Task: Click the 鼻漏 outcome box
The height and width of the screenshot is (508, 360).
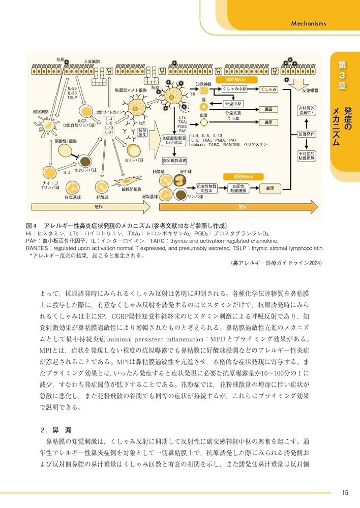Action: coord(268,109)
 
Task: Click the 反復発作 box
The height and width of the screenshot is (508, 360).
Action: coord(308,135)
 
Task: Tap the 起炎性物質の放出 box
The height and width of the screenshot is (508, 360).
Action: coord(206,188)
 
